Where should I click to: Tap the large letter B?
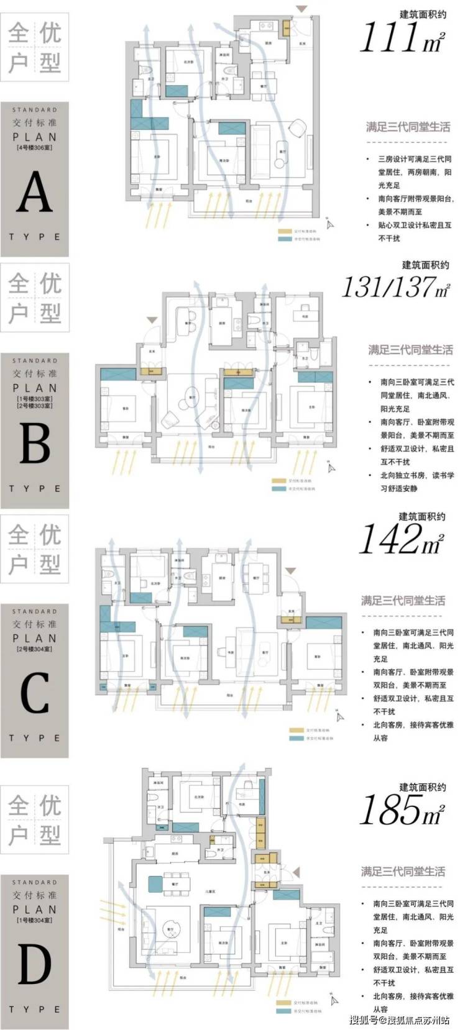pos(35,444)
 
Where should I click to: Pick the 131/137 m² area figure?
pos(395,287)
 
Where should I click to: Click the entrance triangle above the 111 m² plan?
pos(301,9)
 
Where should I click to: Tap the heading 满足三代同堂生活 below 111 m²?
pos(408,127)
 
